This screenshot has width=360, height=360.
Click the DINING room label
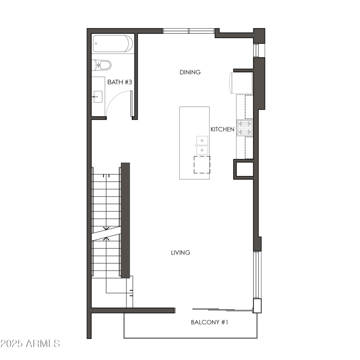click(190, 72)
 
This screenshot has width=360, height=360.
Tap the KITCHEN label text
click(222, 130)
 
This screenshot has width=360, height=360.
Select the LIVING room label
click(180, 252)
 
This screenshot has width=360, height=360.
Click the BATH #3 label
click(120, 82)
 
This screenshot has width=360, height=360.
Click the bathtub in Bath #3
click(113, 44)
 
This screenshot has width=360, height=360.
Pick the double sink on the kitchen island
click(202, 145)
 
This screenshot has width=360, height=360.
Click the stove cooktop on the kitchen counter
click(245, 127)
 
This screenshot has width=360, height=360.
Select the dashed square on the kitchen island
click(202, 165)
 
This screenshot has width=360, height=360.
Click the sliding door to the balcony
click(220, 309)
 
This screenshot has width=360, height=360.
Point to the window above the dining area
click(189, 31)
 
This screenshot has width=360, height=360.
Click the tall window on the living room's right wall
click(256, 274)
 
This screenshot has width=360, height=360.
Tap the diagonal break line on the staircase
click(106, 233)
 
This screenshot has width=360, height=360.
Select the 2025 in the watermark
click(13, 344)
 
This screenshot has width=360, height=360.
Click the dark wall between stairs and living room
click(126, 220)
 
